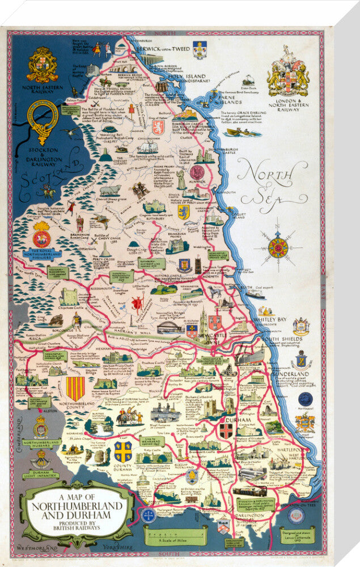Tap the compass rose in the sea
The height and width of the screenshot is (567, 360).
278,247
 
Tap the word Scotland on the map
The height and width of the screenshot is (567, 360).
43,173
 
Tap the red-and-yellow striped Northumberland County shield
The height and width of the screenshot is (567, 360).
75,388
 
